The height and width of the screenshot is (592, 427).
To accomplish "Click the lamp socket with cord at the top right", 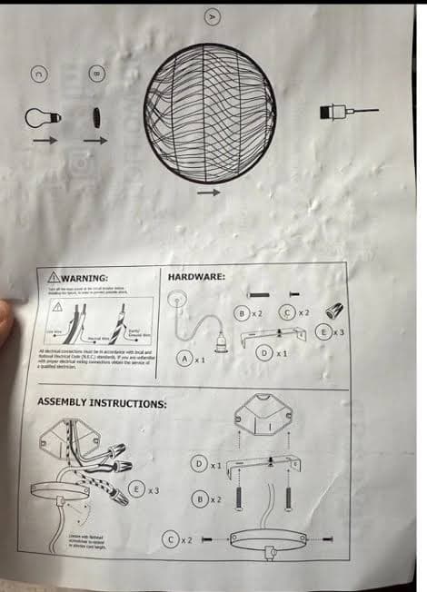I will (x=338, y=113).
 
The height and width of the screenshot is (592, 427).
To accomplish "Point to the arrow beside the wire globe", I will (x=209, y=192).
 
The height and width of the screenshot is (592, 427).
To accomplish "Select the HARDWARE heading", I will (x=197, y=274).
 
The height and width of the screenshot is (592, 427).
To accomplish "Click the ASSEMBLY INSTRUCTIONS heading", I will (x=101, y=401).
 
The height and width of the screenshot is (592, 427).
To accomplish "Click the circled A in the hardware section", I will (x=185, y=359).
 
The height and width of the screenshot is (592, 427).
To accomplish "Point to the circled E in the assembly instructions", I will (x=136, y=489).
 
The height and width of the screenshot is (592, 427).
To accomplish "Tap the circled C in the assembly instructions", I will (x=170, y=539).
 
